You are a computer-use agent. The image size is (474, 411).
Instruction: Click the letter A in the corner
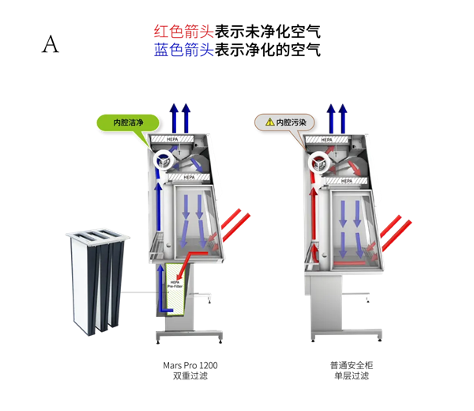pos(50,45)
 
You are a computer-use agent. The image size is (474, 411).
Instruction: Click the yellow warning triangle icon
pos(269,123)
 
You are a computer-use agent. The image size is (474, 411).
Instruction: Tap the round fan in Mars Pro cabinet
pos(167,160)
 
